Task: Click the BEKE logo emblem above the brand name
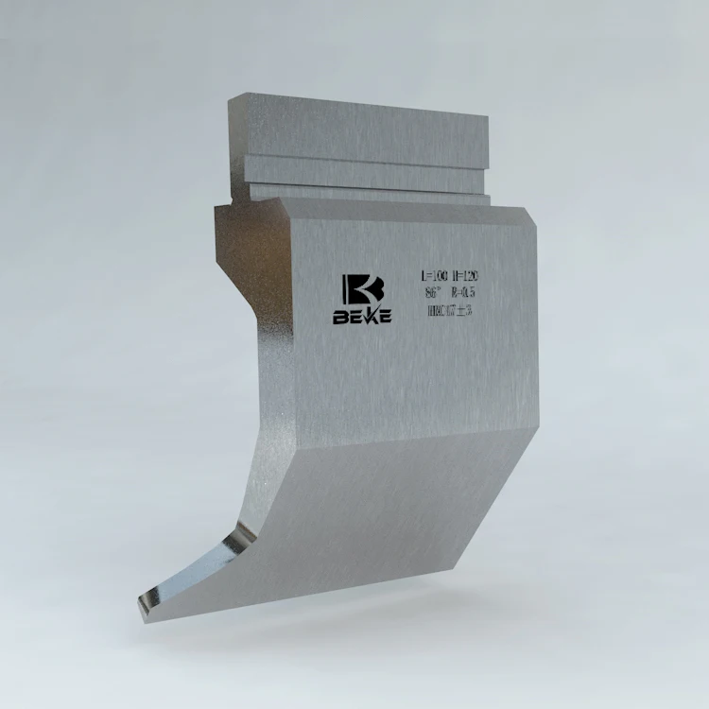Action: tap(361, 290)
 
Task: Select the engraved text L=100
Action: tap(434, 276)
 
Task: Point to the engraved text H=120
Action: tap(465, 276)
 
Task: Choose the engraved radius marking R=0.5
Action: tap(465, 293)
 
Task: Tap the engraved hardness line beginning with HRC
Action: tap(450, 310)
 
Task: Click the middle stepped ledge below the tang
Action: tap(364, 172)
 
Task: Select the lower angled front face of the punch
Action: tap(378, 529)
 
